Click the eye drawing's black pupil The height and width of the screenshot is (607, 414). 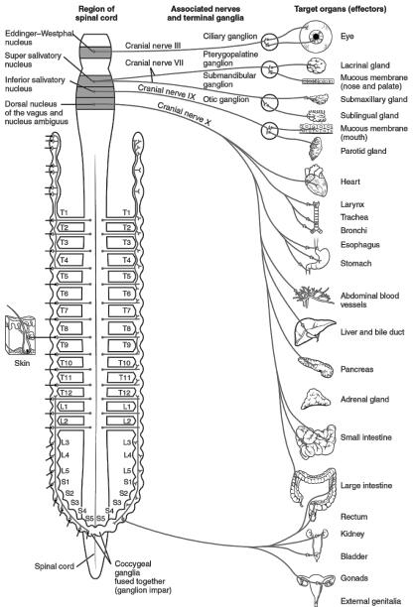[317, 37]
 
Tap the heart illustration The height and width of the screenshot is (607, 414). [317, 181]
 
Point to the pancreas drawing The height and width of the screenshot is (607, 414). [316, 367]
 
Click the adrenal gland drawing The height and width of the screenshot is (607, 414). [316, 399]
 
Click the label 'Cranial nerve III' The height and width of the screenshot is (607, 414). [153, 46]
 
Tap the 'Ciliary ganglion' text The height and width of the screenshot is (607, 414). [230, 36]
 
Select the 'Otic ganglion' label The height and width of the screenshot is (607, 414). [226, 99]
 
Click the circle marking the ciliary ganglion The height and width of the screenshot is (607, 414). [269, 42]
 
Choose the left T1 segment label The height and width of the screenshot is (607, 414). [64, 212]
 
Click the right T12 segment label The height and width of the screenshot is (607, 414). [124, 393]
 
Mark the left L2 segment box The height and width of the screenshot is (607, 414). [70, 422]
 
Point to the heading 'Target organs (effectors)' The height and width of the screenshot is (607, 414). [340, 9]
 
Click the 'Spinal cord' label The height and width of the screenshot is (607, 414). [55, 566]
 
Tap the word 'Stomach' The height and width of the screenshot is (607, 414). [355, 263]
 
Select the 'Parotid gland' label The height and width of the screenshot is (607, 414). [363, 151]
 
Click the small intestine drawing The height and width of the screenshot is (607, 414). [316, 440]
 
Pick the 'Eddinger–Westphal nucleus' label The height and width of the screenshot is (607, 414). [39, 38]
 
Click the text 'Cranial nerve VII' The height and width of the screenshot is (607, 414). [154, 62]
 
